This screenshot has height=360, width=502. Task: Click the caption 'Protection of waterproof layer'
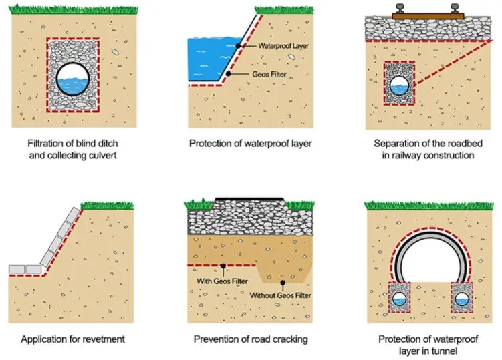click(x=250, y=143)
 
